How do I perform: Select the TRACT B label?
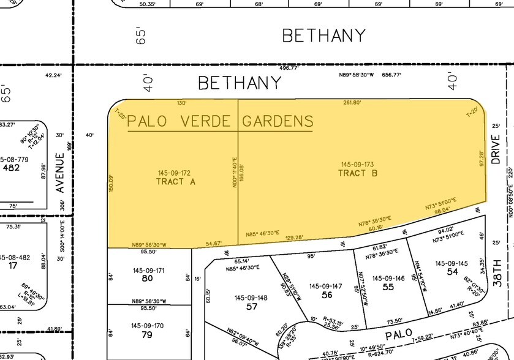pos(357,173)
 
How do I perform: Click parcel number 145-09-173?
pos(357,165)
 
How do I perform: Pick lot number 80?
pos(147,279)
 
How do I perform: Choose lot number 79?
pos(147,334)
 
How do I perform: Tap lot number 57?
pos(251,307)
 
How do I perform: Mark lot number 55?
pos(388,287)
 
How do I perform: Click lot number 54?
pos(453,271)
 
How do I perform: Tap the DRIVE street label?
pos(496,149)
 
